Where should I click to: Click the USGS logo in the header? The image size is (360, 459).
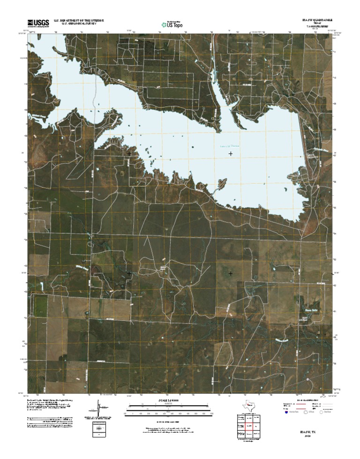tap(38, 23)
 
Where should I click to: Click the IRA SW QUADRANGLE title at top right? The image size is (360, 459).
tap(317, 21)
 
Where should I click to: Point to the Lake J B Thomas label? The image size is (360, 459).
tap(230, 146)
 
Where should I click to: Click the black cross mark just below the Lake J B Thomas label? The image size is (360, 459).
tap(230, 153)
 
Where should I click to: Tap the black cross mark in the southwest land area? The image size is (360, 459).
tap(129, 273)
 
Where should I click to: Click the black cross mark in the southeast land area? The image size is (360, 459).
tap(230, 273)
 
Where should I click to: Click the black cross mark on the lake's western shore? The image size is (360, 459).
tap(129, 153)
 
